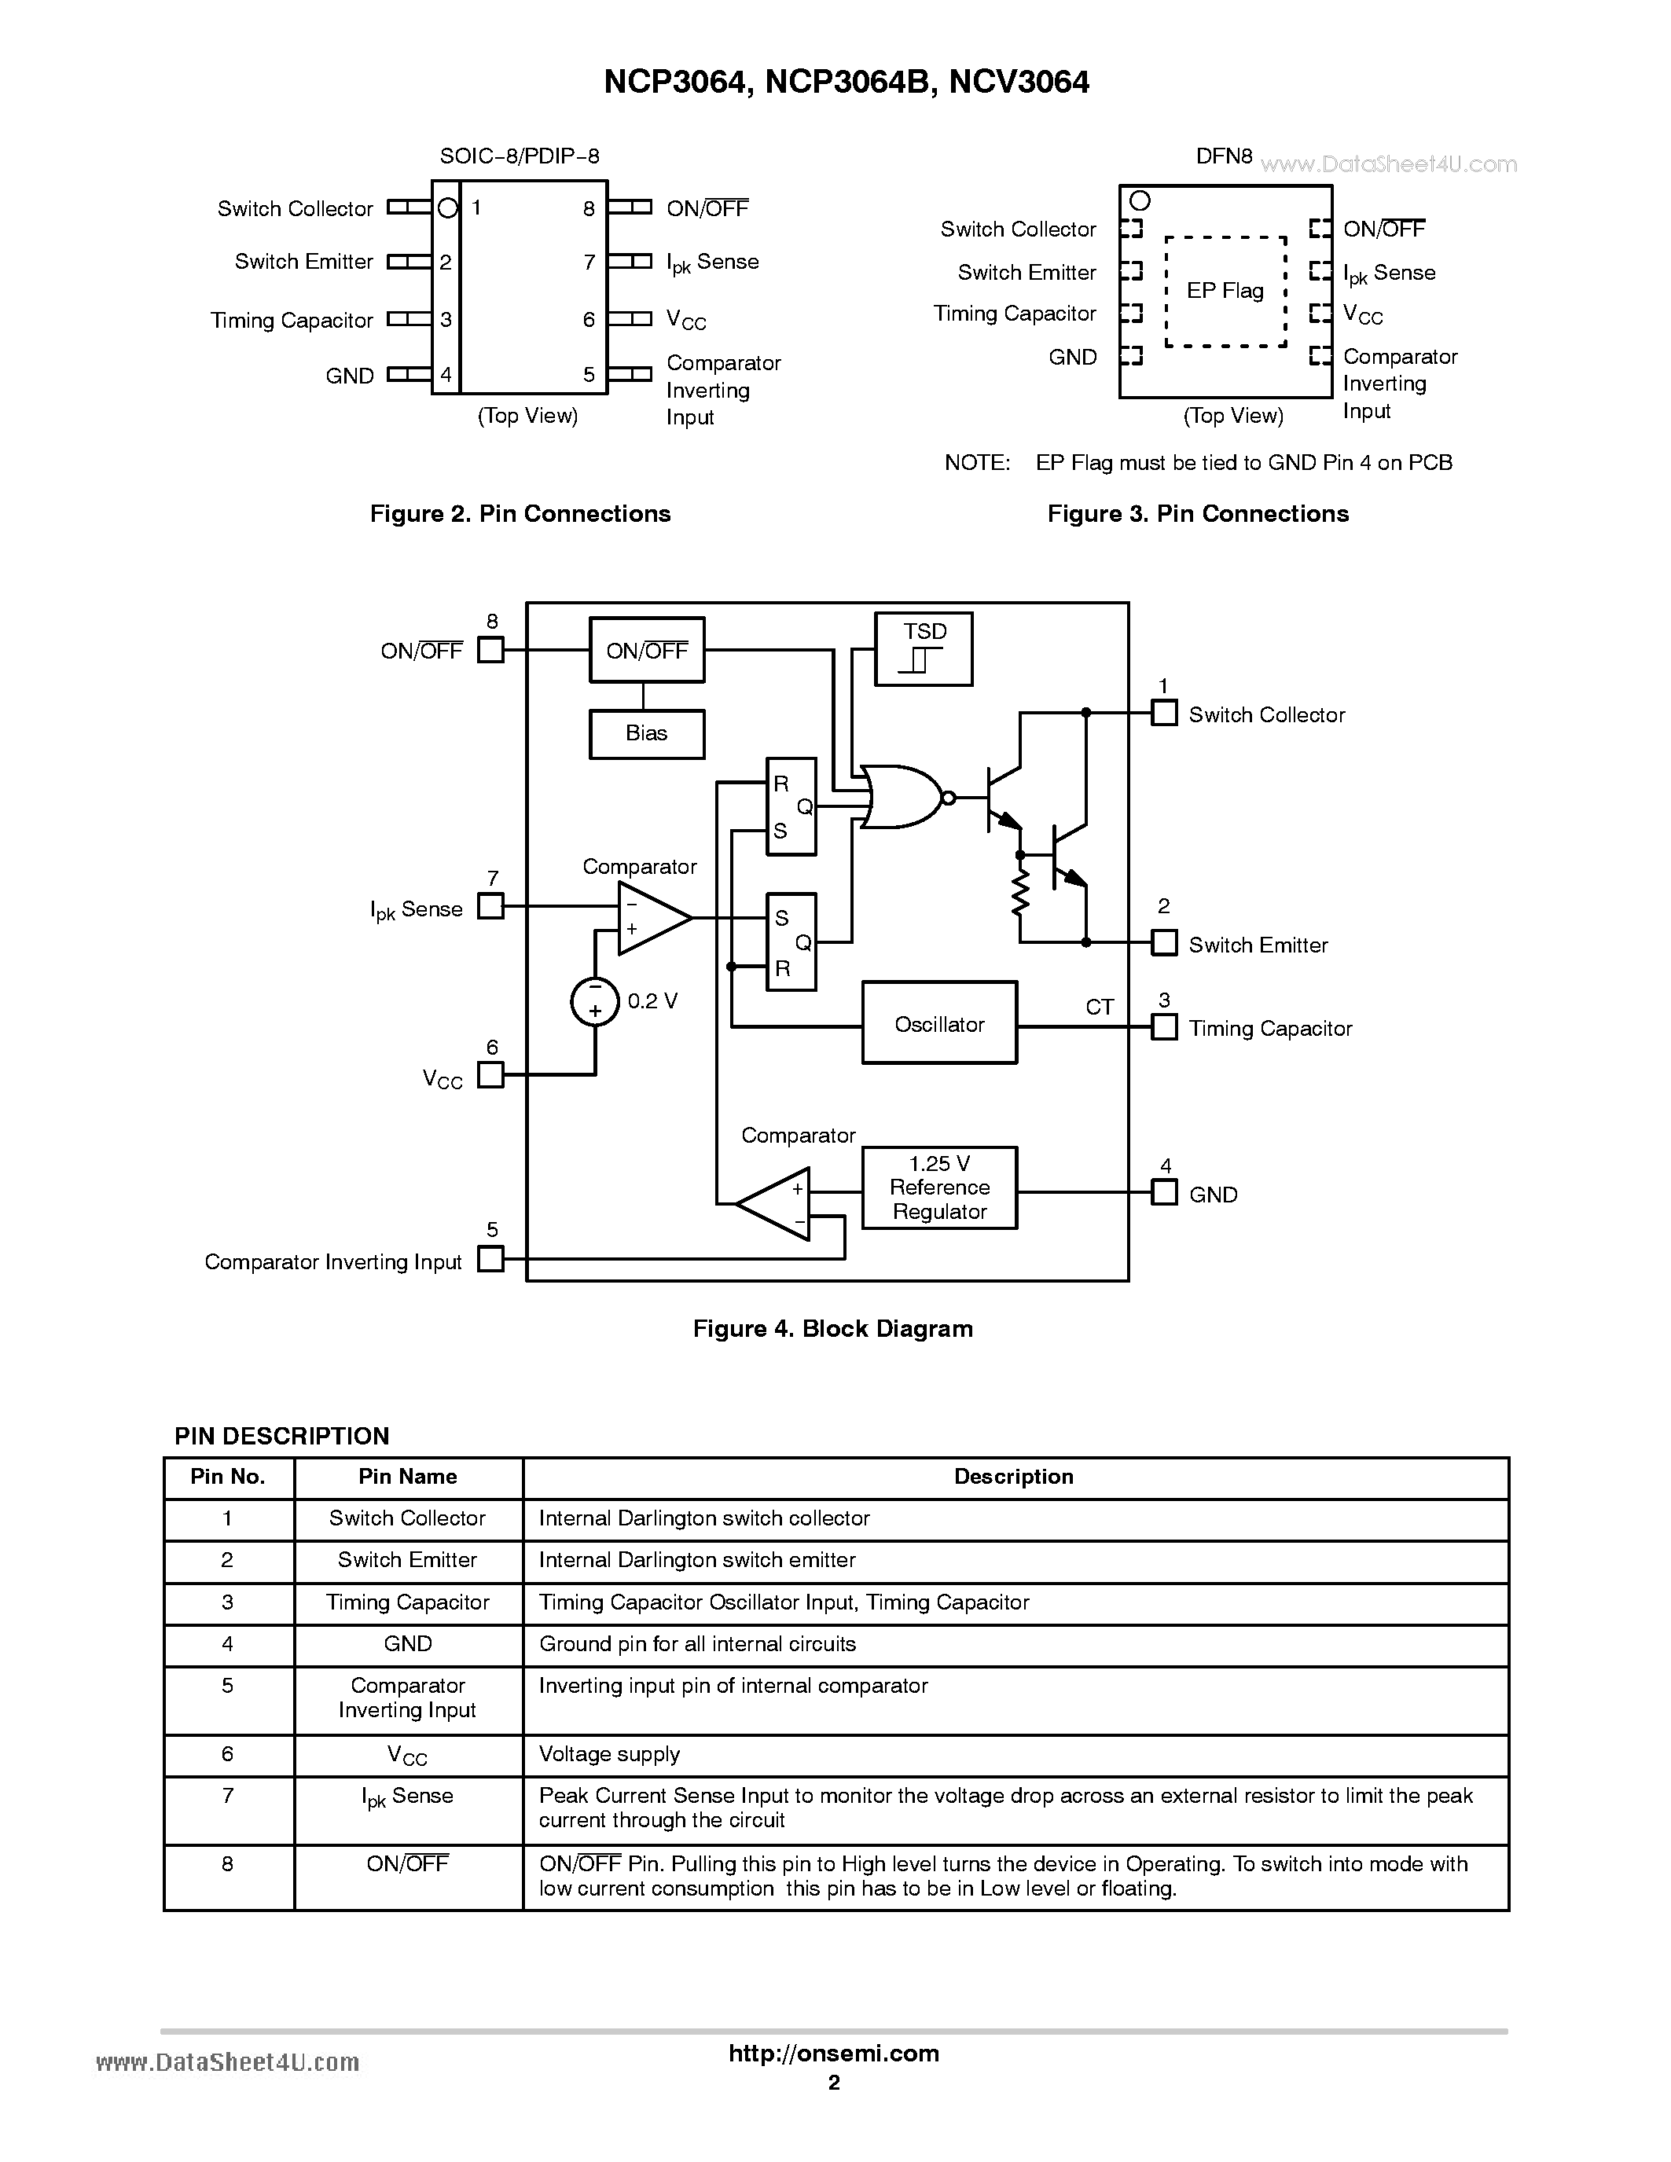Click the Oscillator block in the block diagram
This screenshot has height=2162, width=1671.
[938, 1022]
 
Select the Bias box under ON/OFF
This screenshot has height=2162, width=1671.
[646, 733]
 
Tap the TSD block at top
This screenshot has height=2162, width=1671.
[924, 648]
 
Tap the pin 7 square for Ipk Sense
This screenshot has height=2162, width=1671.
[490, 906]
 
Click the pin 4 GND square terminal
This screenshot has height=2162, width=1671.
[1164, 1193]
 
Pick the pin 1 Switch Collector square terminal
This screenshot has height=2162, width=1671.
[1164, 713]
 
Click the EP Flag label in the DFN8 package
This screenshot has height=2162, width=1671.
[1225, 291]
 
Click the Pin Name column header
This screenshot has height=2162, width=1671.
[407, 1477]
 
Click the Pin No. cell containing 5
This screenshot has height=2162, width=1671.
[228, 1686]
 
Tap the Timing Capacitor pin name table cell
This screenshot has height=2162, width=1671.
[407, 1602]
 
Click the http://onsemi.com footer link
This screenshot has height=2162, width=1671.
[833, 2053]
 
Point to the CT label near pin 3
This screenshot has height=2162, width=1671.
[1099, 1007]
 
